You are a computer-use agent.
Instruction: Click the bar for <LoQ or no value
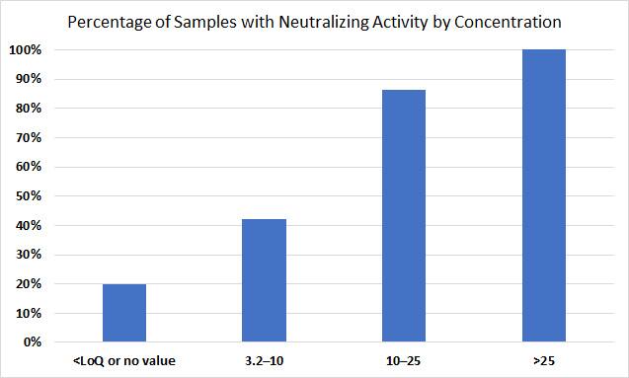(x=124, y=313)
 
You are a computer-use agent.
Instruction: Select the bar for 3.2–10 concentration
(x=264, y=280)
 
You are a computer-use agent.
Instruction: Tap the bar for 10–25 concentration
(x=404, y=216)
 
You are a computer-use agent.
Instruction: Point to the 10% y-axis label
(x=30, y=314)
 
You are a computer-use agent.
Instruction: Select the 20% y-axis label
(x=30, y=284)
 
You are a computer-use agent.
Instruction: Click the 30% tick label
(x=30, y=255)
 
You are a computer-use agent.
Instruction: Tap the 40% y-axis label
(x=30, y=226)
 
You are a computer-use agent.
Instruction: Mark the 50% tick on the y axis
(x=30, y=196)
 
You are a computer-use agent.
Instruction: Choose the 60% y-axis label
(x=30, y=167)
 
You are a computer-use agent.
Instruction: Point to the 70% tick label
(x=30, y=137)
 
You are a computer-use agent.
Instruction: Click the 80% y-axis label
(x=30, y=109)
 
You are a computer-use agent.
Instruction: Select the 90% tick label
(x=30, y=79)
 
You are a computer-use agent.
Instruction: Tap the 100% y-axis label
(x=27, y=49)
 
